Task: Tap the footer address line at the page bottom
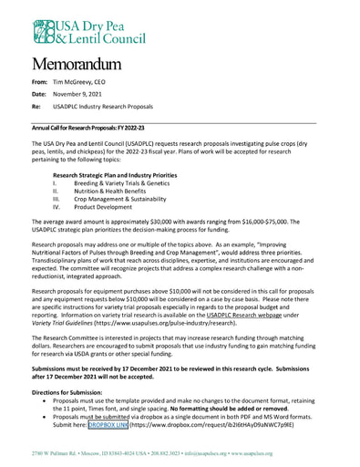pyautogui.click(x=180, y=453)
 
